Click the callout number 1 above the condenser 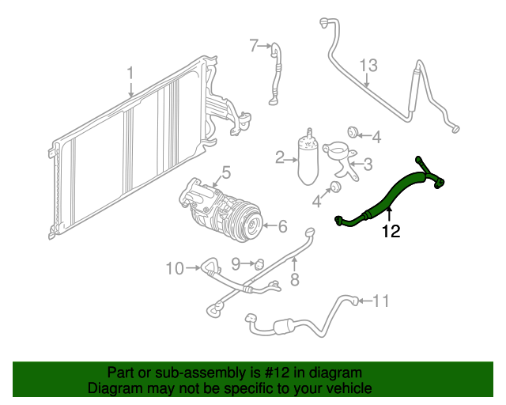[x=130, y=73]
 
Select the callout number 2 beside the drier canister [x=279, y=157]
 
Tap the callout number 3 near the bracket [x=368, y=164]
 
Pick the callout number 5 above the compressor [x=227, y=172]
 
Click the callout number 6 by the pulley [x=283, y=226]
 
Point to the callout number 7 [x=254, y=46]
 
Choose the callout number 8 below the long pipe [x=295, y=279]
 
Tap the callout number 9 [x=236, y=264]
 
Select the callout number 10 [x=175, y=268]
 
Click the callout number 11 [x=381, y=301]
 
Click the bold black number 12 [x=391, y=231]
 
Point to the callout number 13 [x=368, y=65]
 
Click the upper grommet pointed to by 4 [x=352, y=132]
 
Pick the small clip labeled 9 [x=259, y=264]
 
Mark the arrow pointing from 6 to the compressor [x=270, y=225]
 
